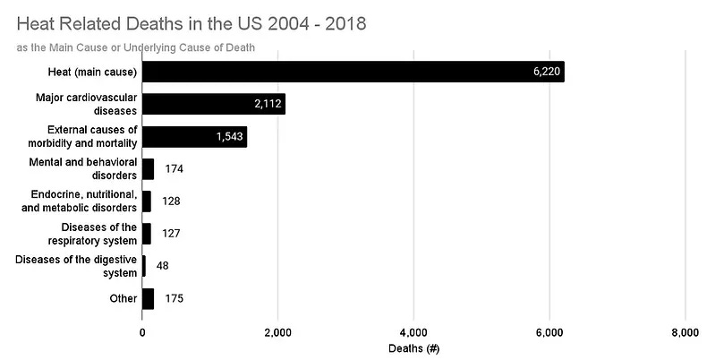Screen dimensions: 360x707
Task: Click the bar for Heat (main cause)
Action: (x=353, y=72)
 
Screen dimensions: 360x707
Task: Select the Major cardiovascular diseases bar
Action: (x=213, y=104)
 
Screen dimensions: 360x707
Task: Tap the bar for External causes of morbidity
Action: (x=194, y=137)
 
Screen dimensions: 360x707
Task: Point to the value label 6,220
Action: (x=545, y=73)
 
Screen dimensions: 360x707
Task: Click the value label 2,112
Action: (x=268, y=105)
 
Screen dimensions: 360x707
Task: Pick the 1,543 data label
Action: (x=230, y=137)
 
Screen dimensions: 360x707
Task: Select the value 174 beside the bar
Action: (x=175, y=169)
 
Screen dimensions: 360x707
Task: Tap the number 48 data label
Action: (x=162, y=266)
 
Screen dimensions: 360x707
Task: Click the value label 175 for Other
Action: (x=175, y=298)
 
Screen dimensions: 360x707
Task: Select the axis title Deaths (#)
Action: (x=413, y=347)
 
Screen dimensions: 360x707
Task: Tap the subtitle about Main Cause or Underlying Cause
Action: (x=137, y=47)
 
